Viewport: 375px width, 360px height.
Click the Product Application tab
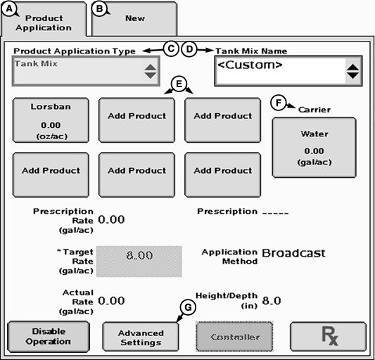point(44,20)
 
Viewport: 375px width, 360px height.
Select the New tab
point(134,19)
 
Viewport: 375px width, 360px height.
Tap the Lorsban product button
point(51,120)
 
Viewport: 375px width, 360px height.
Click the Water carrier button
point(314,148)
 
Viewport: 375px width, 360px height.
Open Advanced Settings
point(141,337)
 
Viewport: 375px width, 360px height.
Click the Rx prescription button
point(328,336)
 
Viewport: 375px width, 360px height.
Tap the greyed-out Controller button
point(234,337)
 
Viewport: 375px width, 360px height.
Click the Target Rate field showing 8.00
point(139,262)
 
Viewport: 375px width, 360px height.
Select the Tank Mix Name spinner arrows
point(352,71)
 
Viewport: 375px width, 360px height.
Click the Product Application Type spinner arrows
point(151,71)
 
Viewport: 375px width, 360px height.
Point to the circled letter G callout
point(188,307)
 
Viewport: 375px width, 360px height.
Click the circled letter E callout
point(179,84)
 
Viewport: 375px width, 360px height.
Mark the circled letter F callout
point(279,103)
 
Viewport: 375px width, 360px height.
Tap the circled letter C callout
point(171,49)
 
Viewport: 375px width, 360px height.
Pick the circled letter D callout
point(189,49)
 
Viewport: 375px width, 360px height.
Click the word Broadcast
point(293,253)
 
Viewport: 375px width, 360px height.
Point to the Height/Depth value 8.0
point(272,301)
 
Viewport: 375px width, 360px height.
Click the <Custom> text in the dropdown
point(250,65)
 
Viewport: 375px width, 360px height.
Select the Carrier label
point(314,110)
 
